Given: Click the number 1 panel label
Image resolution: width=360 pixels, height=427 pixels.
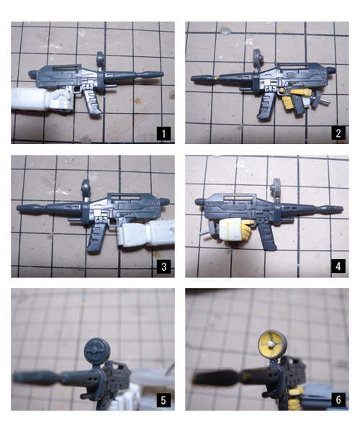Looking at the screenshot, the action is (163, 133).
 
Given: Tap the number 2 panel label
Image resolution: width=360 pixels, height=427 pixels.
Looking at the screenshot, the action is (338, 133).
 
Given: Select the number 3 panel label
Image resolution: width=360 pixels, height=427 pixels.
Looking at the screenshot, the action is (163, 266).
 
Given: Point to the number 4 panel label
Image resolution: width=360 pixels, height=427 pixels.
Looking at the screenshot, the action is (338, 266).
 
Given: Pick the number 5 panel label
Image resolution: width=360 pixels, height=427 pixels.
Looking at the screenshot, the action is (163, 400).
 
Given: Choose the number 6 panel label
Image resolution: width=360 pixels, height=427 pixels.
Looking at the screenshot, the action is (338, 400).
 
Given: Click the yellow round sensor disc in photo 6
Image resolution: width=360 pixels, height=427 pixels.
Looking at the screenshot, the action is (272, 344).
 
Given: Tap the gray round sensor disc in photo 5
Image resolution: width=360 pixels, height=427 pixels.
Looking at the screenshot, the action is (97, 351).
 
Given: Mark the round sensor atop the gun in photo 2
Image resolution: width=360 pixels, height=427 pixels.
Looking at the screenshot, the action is (257, 58).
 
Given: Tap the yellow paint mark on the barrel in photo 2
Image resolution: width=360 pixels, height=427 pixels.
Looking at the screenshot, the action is (217, 78).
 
